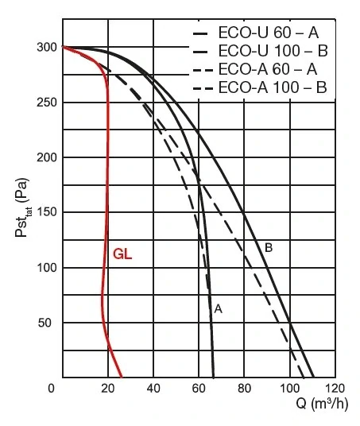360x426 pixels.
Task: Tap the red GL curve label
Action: point(122,255)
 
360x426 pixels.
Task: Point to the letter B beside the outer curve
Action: point(269,248)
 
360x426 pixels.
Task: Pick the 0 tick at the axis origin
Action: point(52,388)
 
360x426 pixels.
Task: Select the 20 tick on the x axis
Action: point(107,388)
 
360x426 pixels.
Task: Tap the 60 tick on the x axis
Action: point(199,388)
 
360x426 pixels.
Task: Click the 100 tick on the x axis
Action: point(289,388)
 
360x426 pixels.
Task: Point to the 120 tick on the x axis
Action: point(335,388)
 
